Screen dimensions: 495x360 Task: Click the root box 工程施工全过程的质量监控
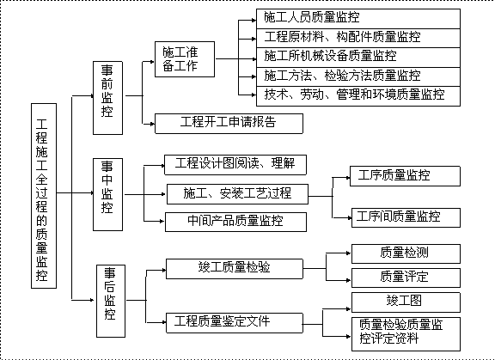coord(44,196)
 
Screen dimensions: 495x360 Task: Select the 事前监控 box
coord(107,98)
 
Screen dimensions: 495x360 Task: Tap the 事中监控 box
coord(107,194)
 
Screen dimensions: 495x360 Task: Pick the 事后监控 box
coord(111,301)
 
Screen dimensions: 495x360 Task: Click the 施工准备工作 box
coord(185,59)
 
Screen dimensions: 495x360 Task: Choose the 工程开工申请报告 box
coord(229,124)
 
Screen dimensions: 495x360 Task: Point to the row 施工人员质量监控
coord(358,19)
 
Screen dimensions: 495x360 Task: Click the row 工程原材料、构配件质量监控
coord(358,38)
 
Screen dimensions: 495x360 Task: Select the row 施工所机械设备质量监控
coord(358,58)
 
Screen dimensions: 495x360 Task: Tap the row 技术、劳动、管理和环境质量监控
coord(358,96)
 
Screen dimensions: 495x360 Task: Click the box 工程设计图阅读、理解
coord(235,165)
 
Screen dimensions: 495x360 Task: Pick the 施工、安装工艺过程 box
coord(237,194)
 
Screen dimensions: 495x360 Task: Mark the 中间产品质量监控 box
coord(235,222)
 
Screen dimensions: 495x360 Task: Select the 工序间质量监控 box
coord(406,217)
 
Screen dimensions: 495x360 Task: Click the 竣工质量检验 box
coord(235,269)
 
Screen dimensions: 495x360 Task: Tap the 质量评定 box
coord(406,278)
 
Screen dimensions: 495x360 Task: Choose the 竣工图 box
coord(406,302)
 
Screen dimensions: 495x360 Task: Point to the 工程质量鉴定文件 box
coord(235,323)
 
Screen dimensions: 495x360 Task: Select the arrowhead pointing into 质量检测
coord(349,253)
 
